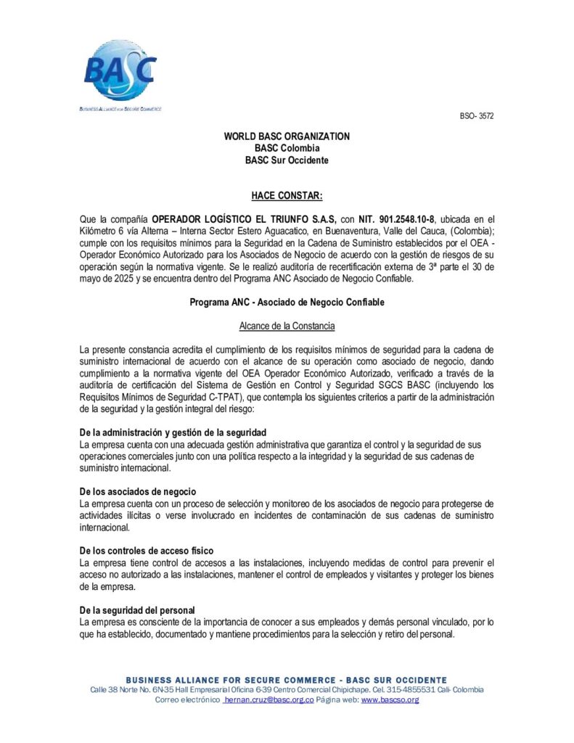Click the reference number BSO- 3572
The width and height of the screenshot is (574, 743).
[477, 116]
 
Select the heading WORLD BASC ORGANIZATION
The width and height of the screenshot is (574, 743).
[287, 136]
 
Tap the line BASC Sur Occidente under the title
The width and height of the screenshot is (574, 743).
[287, 160]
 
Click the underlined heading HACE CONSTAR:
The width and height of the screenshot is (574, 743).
[287, 196]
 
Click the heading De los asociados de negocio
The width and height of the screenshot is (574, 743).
[137, 492]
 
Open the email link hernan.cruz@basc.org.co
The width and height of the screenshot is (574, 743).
[268, 700]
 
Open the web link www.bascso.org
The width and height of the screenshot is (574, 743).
[390, 700]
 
